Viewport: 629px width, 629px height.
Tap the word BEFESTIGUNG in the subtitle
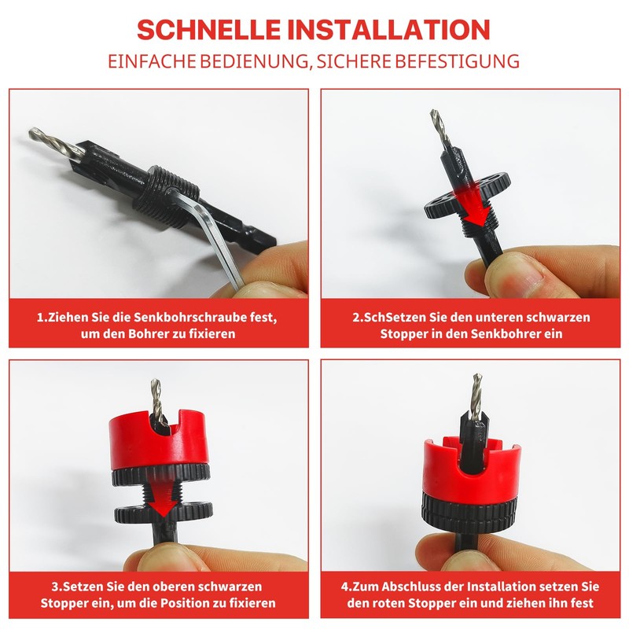point(454,61)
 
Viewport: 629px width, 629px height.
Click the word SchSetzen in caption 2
point(383,318)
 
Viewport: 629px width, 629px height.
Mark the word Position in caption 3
point(209,603)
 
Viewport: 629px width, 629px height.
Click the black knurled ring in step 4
point(469,515)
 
